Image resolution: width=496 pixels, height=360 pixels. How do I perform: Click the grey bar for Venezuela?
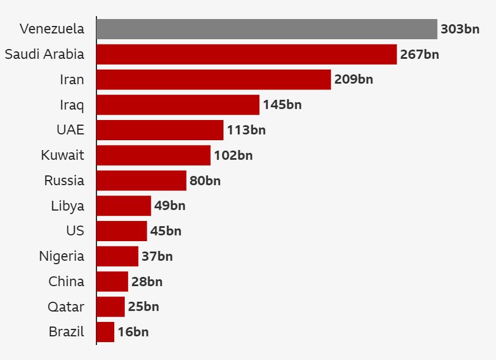[x=267, y=29]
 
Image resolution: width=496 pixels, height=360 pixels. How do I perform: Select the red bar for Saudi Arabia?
[x=247, y=54]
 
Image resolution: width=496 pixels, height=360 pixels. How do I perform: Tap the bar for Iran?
[x=214, y=80]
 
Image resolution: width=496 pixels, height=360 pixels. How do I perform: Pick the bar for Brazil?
[x=106, y=332]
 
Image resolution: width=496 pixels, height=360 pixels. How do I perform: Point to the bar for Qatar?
[x=111, y=307]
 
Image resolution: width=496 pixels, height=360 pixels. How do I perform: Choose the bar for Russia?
[x=141, y=181]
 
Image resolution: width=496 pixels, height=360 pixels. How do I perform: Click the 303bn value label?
[x=460, y=29]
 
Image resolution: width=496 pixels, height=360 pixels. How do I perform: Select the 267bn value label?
[x=419, y=54]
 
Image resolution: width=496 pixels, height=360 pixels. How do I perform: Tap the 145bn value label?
[x=282, y=105]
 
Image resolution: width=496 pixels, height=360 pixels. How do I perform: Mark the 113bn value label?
[x=246, y=130]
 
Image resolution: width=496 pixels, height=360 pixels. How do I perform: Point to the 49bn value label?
[x=170, y=206]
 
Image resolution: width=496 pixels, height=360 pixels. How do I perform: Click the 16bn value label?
[x=133, y=332]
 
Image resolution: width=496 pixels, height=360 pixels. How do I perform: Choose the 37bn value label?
[x=157, y=256]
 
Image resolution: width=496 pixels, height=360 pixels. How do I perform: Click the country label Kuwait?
[x=62, y=155]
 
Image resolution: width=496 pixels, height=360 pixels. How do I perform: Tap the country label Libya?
[x=68, y=206]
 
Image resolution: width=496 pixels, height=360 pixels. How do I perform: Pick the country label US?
[x=75, y=231]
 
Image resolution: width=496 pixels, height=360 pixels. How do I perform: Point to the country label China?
[x=66, y=282]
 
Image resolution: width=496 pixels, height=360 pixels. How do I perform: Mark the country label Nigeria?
[x=62, y=256]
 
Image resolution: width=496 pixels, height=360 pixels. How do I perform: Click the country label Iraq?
[x=72, y=105]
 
